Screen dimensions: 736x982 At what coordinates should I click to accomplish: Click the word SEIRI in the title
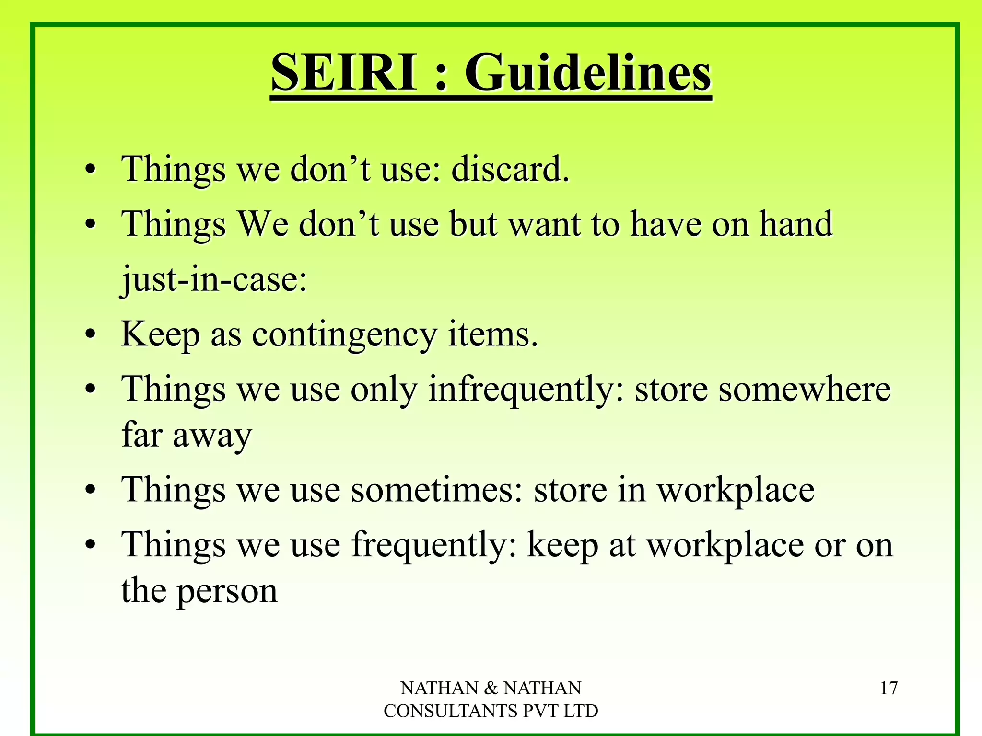click(x=343, y=73)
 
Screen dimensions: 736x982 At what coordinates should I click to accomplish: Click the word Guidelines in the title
click(x=588, y=73)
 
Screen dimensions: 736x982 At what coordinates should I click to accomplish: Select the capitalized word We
click(x=263, y=224)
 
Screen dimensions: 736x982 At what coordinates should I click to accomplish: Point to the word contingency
click(x=344, y=335)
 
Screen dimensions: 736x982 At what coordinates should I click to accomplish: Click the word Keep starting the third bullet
click(x=160, y=335)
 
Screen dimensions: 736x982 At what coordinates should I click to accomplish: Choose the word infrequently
click(x=522, y=390)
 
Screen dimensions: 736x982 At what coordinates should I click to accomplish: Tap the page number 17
click(x=888, y=689)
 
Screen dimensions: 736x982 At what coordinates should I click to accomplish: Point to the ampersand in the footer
click(x=491, y=689)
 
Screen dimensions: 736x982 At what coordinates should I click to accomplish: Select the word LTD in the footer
click(x=580, y=711)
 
